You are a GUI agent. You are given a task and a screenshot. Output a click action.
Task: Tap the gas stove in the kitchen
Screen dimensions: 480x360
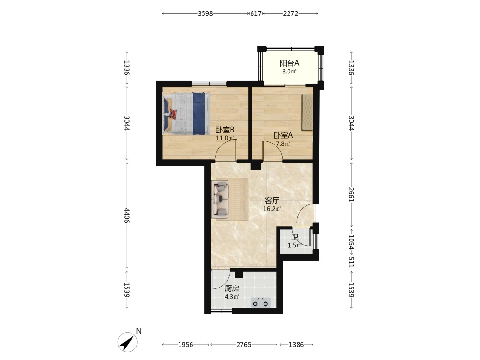(261, 302)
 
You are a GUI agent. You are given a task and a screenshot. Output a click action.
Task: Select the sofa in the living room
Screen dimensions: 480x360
(220, 199)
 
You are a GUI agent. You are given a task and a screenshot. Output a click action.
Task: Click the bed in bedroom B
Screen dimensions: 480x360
(187, 114)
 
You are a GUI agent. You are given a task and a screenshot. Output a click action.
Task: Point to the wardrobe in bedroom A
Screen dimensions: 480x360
(308, 112)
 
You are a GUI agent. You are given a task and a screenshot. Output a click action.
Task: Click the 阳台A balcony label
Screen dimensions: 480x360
(289, 63)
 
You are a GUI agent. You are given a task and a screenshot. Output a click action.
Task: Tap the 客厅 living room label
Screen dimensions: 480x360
(272, 201)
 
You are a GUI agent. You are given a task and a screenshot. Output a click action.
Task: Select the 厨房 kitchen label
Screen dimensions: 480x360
(232, 288)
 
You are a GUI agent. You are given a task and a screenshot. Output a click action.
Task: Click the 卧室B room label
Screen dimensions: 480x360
(225, 130)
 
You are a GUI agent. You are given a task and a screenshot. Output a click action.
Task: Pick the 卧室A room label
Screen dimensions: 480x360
(283, 135)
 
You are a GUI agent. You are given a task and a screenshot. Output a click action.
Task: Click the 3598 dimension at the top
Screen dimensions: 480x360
(205, 13)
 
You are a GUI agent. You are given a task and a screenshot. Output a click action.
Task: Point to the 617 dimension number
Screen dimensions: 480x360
(256, 13)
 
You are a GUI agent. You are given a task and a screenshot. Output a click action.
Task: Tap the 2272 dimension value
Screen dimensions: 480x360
(290, 13)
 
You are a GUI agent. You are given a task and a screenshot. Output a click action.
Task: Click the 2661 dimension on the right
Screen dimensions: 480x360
(351, 194)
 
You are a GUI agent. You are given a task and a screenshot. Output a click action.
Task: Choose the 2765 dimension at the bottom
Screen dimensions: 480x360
(244, 345)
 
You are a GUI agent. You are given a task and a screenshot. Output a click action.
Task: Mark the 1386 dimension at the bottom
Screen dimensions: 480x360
(296, 345)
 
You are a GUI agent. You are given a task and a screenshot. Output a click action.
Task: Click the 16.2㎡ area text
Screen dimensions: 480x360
(272, 209)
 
